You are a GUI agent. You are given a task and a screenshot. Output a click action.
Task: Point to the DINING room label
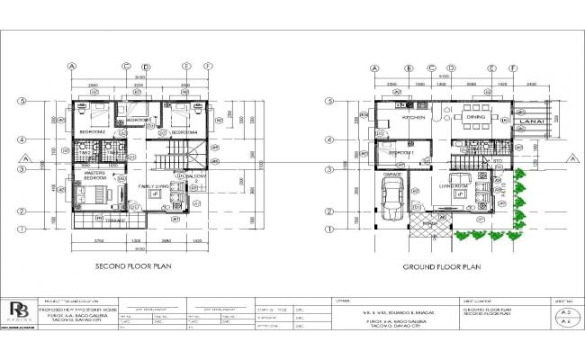coord(476,118)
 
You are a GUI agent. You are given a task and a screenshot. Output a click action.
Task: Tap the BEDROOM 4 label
coord(184,131)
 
